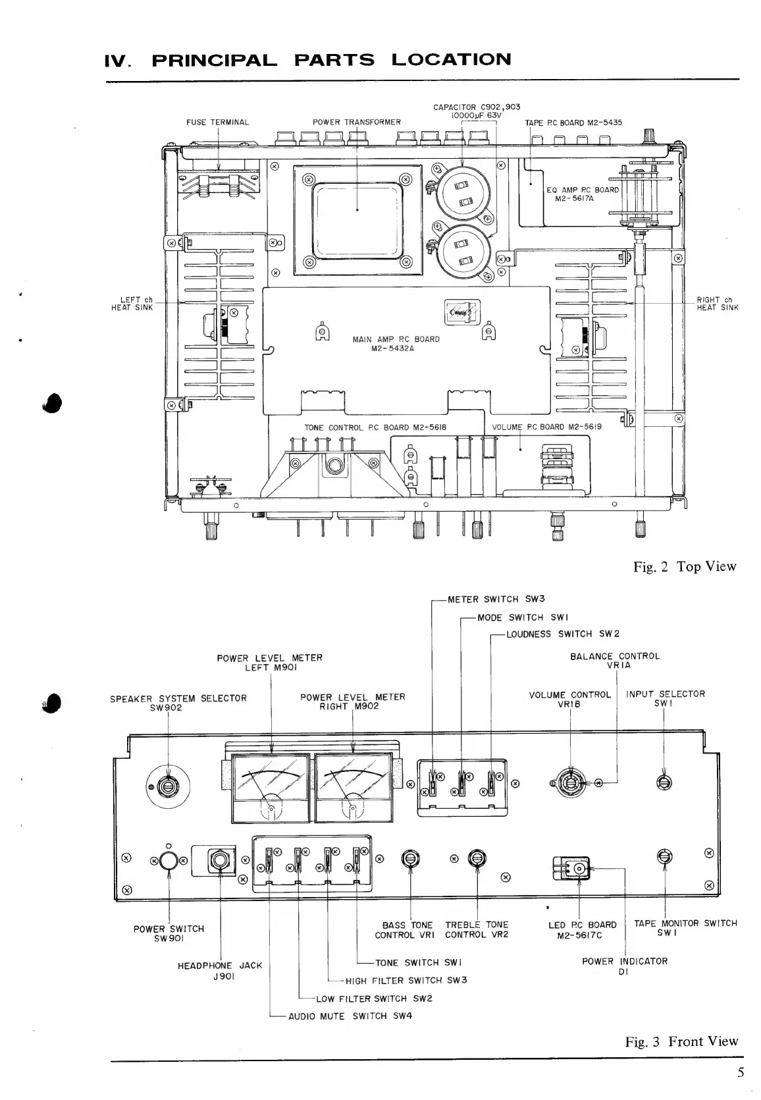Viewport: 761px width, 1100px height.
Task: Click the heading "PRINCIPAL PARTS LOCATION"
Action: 331,60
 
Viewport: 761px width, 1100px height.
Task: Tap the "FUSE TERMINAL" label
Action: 218,122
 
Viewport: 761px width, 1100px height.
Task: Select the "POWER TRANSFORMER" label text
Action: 356,122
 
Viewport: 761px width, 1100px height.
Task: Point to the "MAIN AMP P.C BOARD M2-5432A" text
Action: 396,344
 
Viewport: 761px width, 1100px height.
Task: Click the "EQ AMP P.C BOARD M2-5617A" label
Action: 583,194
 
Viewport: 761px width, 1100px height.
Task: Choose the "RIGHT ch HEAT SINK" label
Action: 718,304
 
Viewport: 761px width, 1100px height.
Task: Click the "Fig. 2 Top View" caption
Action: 685,566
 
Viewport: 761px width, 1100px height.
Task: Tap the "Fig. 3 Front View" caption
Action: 682,1041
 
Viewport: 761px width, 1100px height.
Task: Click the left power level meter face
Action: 271,788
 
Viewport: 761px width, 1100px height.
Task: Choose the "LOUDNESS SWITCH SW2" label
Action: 562,634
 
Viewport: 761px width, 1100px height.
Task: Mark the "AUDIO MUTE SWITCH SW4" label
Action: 350,1016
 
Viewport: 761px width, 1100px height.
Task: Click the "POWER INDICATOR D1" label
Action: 624,966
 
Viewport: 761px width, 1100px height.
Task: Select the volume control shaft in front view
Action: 570,782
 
